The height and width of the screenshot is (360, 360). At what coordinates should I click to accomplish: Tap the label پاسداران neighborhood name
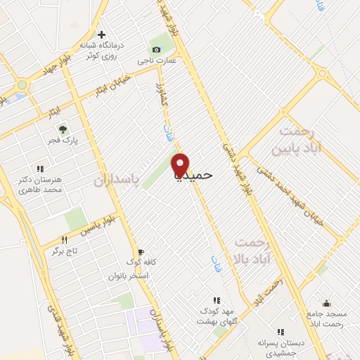pos(119,181)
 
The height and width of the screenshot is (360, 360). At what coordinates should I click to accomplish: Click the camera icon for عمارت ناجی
pos(156,49)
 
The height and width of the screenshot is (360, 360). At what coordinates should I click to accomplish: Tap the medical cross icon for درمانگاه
pos(102,34)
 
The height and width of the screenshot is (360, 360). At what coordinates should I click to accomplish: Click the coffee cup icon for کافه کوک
pos(141,252)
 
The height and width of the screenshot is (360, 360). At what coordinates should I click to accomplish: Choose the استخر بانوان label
pos(127,276)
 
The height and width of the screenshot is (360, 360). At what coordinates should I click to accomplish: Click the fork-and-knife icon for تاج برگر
pos(65,240)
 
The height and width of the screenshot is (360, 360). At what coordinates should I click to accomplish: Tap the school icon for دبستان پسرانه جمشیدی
pos(281,332)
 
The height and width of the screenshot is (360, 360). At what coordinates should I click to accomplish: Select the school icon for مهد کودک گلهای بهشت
pos(216,300)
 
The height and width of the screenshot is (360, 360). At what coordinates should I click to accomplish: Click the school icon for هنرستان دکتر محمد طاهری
pos(40,169)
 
